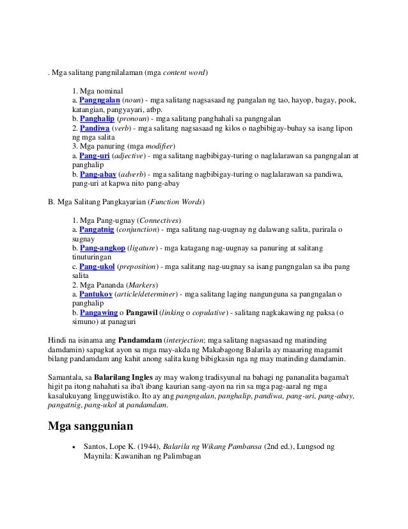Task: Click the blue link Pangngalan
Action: (x=99, y=101)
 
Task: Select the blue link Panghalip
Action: (x=97, y=118)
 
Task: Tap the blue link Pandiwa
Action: (x=94, y=128)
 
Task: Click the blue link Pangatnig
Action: (x=97, y=229)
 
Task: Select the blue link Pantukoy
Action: (x=96, y=293)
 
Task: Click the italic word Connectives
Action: (x=159, y=220)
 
